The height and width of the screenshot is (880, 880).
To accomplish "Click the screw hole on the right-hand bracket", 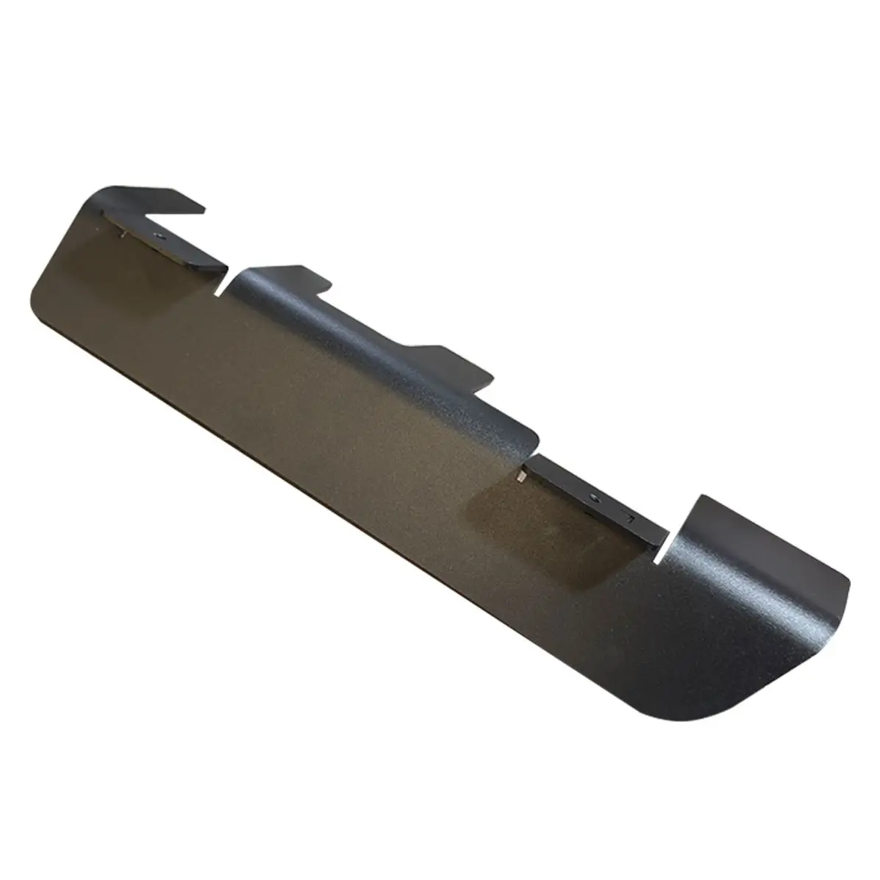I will pos(595,498).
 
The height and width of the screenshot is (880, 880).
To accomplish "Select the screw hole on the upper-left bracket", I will pos(158,237).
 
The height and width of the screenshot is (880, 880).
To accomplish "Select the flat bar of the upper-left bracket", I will pos(165,239).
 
